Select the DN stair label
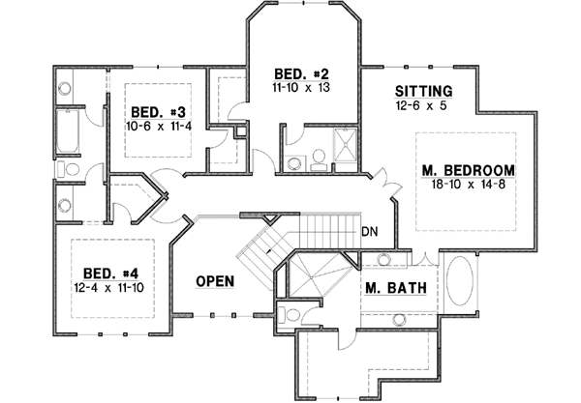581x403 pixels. coord(369,232)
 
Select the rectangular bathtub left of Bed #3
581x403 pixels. coord(67,133)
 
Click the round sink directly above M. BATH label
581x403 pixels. coord(384,259)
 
